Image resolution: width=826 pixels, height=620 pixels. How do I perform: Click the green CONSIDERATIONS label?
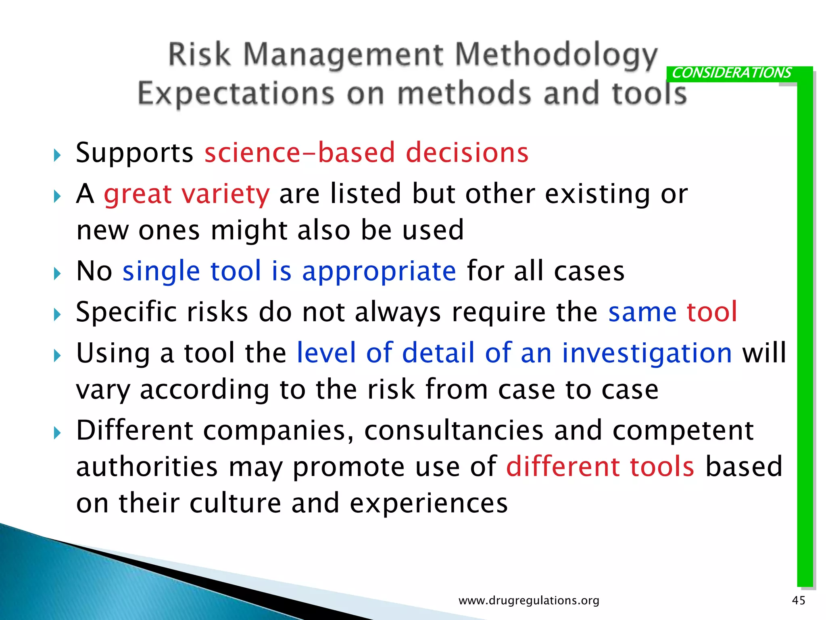731,73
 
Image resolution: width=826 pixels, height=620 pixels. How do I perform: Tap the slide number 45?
799,600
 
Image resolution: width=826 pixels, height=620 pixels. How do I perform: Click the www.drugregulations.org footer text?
529,601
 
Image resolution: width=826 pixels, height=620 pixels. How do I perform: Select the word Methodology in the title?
556,55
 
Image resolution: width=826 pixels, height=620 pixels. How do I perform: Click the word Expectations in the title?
236,94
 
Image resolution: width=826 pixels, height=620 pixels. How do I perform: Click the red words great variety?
186,194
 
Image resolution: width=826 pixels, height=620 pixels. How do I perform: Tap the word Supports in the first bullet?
135,153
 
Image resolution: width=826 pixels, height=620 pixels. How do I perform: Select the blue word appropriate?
379,271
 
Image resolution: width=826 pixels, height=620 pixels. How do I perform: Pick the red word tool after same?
712,312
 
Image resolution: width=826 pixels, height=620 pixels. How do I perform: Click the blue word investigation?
647,353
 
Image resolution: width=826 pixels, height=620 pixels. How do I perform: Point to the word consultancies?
454,431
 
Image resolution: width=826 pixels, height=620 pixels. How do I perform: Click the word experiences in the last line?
428,504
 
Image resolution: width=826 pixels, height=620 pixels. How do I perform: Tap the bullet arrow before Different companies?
57,433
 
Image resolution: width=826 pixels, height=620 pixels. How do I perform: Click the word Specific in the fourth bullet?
127,313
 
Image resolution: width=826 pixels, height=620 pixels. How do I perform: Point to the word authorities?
147,467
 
